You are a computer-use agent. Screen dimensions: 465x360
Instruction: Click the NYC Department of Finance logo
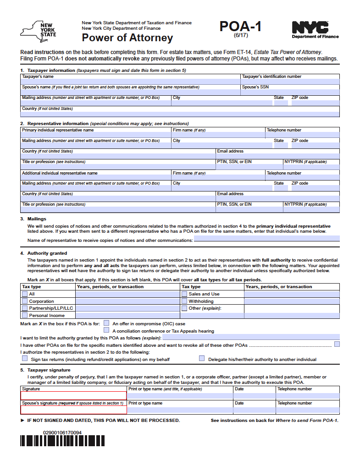(x=315, y=30)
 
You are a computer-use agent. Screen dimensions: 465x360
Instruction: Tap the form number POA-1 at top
(x=240, y=27)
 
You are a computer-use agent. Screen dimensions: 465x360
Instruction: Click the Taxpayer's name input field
(x=130, y=82)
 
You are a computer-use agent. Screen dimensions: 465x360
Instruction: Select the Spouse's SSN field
(x=290, y=92)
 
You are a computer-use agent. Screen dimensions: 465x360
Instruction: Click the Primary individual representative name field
(x=96, y=135)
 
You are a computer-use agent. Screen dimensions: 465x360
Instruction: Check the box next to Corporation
(x=25, y=301)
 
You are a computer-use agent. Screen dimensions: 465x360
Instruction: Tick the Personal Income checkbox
(x=25, y=315)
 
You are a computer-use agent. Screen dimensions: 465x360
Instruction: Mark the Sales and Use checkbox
(x=184, y=294)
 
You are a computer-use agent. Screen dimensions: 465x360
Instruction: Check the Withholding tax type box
(x=184, y=301)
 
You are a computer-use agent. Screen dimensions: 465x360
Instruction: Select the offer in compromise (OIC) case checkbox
(x=106, y=323)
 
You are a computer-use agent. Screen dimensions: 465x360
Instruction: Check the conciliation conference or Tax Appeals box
(x=106, y=330)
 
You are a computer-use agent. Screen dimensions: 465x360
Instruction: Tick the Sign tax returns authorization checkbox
(x=25, y=359)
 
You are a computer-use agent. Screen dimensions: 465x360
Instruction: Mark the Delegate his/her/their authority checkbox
(x=202, y=359)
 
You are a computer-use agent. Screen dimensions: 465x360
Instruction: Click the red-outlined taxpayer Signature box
(x=73, y=395)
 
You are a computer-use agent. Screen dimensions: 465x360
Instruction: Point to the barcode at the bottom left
(x=62, y=441)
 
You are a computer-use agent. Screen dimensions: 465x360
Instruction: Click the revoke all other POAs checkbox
(x=337, y=344)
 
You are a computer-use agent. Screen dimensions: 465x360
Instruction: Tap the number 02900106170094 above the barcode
(x=62, y=432)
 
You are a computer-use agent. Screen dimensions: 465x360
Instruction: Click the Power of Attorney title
(x=127, y=38)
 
